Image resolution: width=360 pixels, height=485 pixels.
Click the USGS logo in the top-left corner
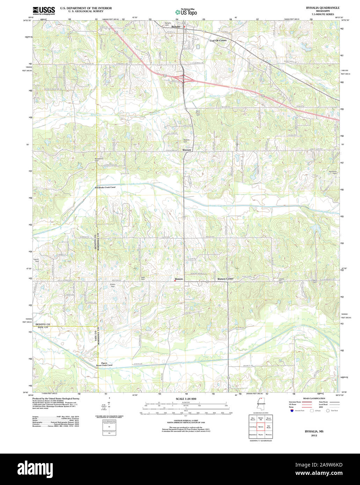(x=44, y=10)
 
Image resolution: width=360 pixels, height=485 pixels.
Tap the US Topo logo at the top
(x=186, y=12)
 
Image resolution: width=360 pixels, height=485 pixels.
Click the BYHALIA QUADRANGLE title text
(x=322, y=8)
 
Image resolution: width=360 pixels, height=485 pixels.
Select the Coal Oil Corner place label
(x=218, y=40)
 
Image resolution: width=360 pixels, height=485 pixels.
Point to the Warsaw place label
(x=186, y=150)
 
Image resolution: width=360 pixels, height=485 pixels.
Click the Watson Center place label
(x=225, y=279)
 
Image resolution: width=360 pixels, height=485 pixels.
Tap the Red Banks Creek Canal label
(x=105, y=187)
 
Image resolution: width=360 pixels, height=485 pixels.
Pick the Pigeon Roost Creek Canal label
(x=104, y=364)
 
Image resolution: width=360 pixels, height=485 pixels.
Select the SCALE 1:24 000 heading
(x=186, y=398)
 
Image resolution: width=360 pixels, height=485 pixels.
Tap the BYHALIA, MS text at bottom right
(x=314, y=431)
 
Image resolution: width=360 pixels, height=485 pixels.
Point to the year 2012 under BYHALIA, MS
(x=314, y=435)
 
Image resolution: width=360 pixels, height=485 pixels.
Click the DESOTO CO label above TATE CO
(x=43, y=325)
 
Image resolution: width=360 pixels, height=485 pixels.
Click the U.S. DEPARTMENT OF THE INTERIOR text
(x=86, y=8)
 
